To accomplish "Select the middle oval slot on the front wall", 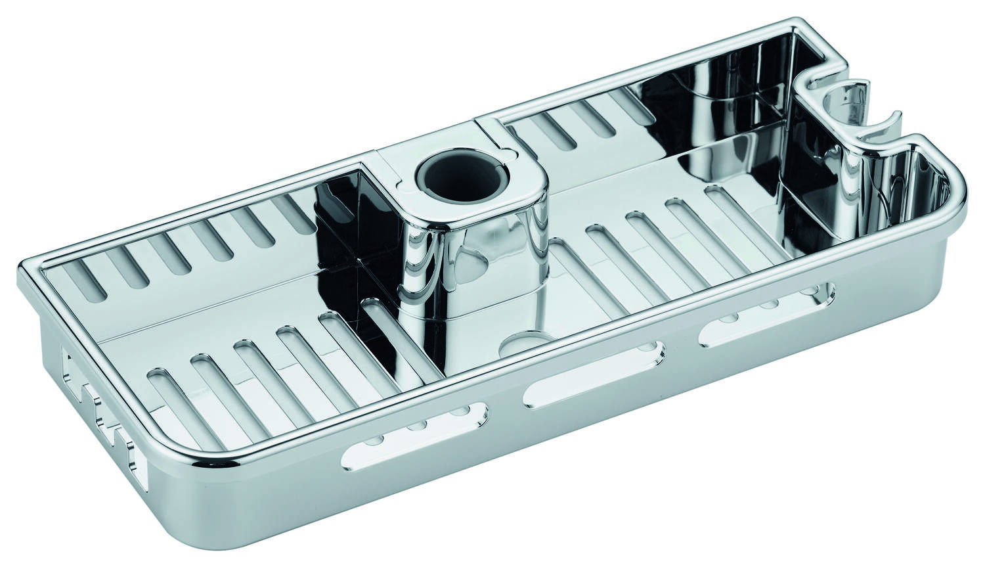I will click(592, 371).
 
